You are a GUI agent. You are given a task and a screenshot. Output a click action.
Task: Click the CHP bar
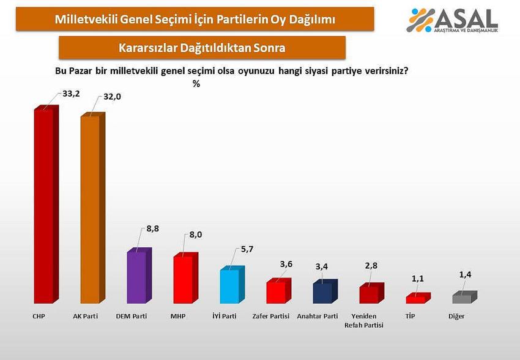(43, 206)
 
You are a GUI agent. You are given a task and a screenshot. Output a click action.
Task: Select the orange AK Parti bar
(90, 209)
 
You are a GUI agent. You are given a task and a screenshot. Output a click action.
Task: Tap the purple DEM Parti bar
(136, 277)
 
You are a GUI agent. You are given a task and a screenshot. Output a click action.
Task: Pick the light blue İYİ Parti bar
(229, 286)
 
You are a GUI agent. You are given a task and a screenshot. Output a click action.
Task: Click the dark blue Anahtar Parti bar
(322, 293)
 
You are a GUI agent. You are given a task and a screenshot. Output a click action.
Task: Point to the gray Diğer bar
(462, 299)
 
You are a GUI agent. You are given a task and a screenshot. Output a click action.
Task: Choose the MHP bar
(183, 279)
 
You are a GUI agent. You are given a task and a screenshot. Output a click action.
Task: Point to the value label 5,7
(246, 250)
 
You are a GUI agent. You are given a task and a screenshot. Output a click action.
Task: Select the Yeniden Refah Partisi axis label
(365, 321)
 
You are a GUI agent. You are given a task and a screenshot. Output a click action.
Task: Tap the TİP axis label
(410, 317)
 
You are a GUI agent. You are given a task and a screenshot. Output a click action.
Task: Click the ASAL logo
(456, 21)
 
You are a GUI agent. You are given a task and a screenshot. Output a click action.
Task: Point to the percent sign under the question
(196, 84)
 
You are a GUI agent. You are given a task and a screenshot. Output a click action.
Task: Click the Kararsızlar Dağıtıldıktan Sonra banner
(202, 48)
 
